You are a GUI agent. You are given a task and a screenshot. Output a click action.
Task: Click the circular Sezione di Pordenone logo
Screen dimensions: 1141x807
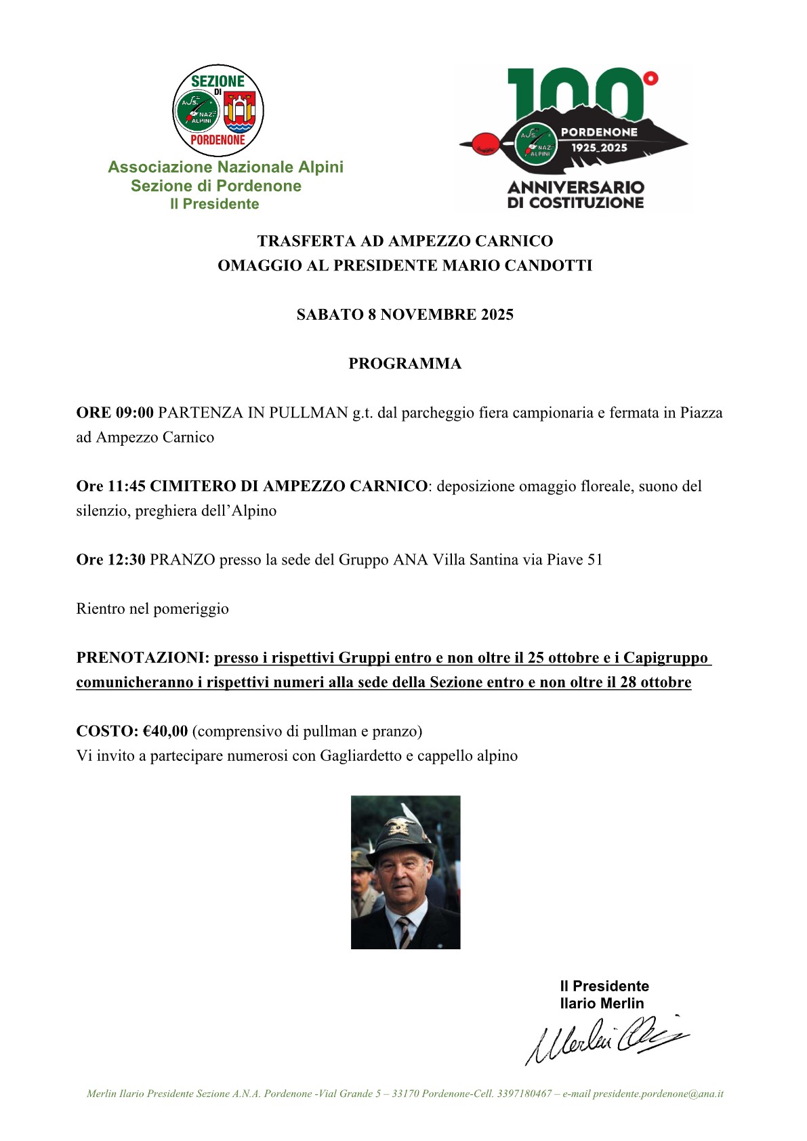click(218, 110)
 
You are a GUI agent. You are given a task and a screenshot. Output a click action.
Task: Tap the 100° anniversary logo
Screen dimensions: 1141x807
click(575, 138)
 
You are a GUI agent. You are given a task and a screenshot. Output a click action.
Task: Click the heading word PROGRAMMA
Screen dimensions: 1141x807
click(405, 364)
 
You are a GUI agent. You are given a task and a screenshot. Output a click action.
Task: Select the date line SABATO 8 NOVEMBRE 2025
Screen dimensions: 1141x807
click(405, 314)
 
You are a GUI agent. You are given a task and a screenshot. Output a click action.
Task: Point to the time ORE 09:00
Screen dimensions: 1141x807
click(115, 413)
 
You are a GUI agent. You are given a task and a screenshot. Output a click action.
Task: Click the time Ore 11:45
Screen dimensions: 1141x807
click(110, 486)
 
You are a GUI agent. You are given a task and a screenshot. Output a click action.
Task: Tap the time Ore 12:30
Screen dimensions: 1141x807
click(110, 560)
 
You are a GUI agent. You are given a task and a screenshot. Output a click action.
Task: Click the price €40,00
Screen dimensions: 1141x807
click(165, 731)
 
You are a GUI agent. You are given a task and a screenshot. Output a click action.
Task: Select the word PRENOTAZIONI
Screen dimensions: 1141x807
click(142, 658)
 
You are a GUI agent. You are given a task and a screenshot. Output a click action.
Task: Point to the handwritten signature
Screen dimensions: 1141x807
click(606, 1039)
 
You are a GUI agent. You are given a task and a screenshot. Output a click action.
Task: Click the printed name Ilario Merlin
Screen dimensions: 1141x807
click(602, 1003)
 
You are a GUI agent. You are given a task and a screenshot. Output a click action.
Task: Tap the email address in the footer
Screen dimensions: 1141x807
click(658, 1094)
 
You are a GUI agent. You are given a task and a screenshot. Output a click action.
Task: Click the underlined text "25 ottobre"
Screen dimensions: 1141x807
click(563, 658)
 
